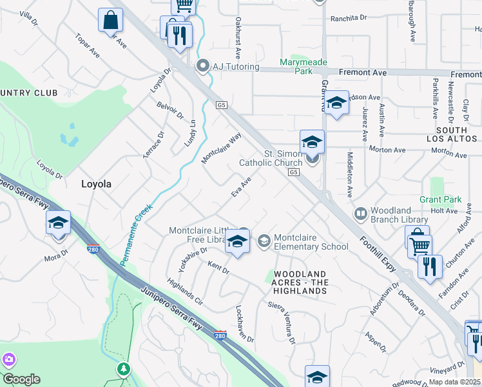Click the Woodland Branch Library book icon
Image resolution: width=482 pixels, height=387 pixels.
tap(360, 213)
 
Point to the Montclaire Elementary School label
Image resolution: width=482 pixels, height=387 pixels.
tap(311, 242)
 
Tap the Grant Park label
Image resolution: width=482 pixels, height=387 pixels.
tap(439, 200)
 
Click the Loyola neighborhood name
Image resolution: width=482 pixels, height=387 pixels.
tap(96, 184)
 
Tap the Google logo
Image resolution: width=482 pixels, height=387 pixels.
tap(21, 379)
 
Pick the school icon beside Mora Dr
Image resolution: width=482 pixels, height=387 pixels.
tap(58, 223)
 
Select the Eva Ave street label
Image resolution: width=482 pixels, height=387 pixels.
tap(241, 188)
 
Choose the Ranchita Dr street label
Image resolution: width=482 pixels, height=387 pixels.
tap(349, 19)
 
